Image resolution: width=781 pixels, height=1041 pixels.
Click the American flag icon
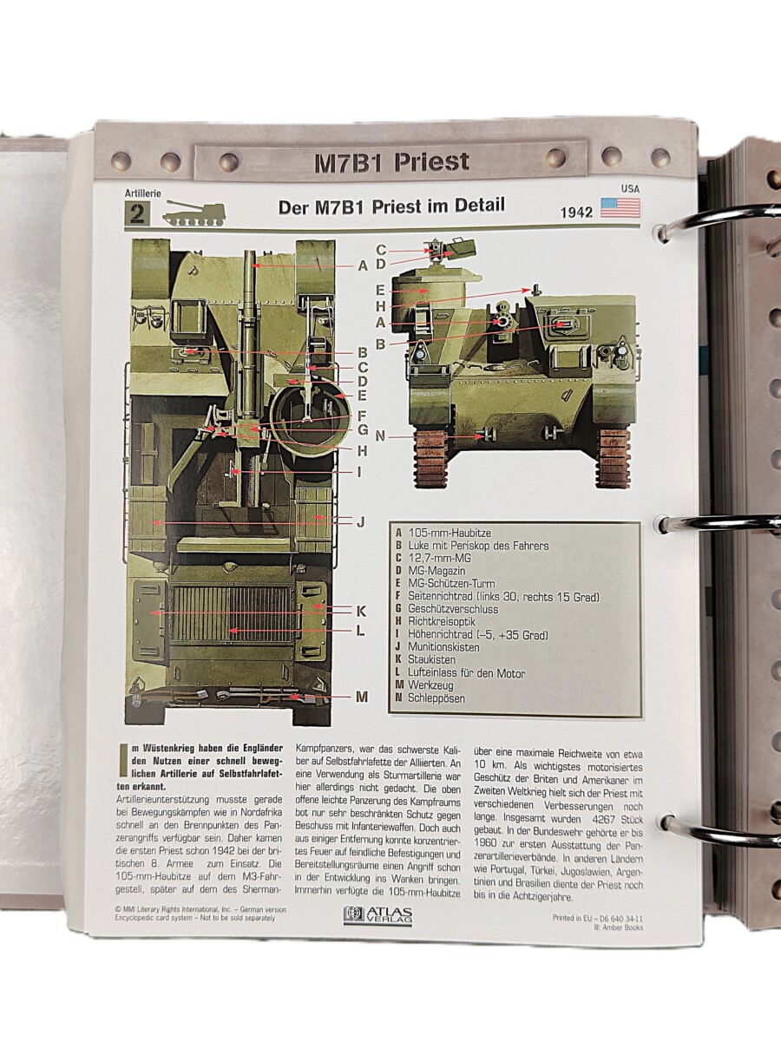[620, 208]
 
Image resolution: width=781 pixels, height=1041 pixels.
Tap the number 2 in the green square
[137, 214]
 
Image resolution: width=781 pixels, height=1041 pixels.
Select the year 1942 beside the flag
[576, 212]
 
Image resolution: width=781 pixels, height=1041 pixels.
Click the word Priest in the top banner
[431, 162]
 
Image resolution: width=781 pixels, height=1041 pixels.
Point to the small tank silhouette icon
[194, 213]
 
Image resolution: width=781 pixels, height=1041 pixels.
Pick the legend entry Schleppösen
[436, 698]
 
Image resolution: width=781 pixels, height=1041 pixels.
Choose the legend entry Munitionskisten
[443, 647]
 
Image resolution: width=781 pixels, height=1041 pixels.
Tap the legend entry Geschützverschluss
[453, 608]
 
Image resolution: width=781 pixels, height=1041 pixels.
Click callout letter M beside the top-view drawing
[361, 697]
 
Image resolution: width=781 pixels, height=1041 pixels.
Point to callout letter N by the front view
[380, 435]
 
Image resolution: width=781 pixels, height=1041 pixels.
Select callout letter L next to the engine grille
[360, 631]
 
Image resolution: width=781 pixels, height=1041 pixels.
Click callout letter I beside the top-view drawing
[359, 473]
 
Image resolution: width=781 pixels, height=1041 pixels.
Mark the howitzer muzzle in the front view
[504, 322]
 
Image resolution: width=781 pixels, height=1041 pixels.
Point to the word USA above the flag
[630, 189]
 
